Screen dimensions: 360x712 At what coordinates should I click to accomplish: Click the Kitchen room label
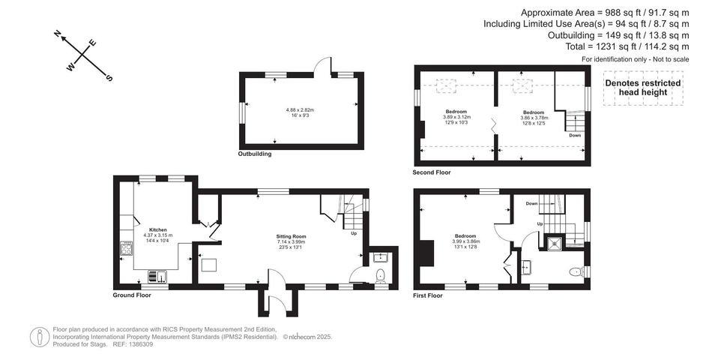tap(157, 229)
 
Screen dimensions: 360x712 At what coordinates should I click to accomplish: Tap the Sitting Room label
tap(291, 236)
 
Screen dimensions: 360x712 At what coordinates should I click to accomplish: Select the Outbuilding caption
tap(255, 154)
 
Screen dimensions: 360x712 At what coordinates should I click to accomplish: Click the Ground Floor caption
tap(132, 295)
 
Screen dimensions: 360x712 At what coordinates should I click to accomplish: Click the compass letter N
tap(58, 33)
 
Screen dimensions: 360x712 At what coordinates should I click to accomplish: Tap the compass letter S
tap(109, 77)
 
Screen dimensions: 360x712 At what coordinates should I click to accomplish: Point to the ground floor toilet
tap(380, 274)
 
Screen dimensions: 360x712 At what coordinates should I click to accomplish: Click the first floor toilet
tap(576, 271)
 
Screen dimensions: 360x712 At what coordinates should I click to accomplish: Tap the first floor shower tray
tap(555, 242)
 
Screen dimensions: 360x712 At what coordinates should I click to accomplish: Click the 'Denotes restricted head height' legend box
tap(642, 88)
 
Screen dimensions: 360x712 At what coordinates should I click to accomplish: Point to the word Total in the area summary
tap(579, 46)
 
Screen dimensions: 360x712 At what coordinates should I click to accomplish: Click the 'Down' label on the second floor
tap(575, 135)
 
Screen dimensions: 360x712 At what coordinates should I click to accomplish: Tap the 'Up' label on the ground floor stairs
tap(354, 233)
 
